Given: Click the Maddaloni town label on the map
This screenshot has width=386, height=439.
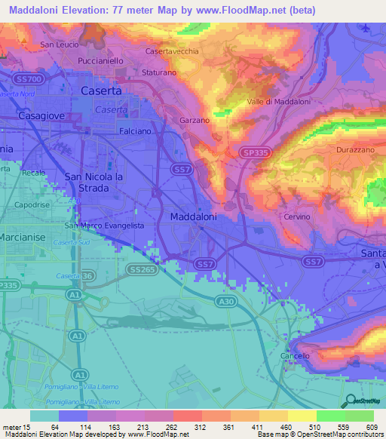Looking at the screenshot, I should coord(194,216).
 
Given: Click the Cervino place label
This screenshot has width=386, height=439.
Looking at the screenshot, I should coord(297,217).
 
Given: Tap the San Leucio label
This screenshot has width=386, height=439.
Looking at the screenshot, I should coord(60,45).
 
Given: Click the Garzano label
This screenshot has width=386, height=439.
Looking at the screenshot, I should coord(194,120).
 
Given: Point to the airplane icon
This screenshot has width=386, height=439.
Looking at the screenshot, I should coord(366,28).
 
